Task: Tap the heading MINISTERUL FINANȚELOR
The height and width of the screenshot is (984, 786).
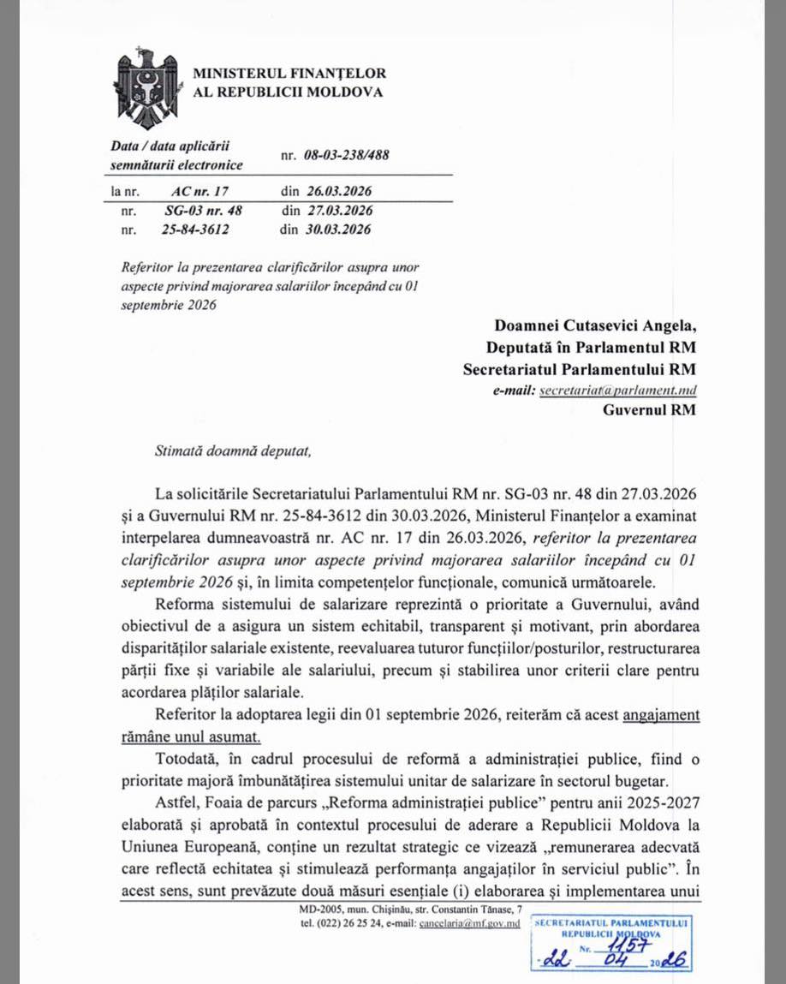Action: (289, 74)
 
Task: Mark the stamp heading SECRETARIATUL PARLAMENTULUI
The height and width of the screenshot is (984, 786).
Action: (611, 922)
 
